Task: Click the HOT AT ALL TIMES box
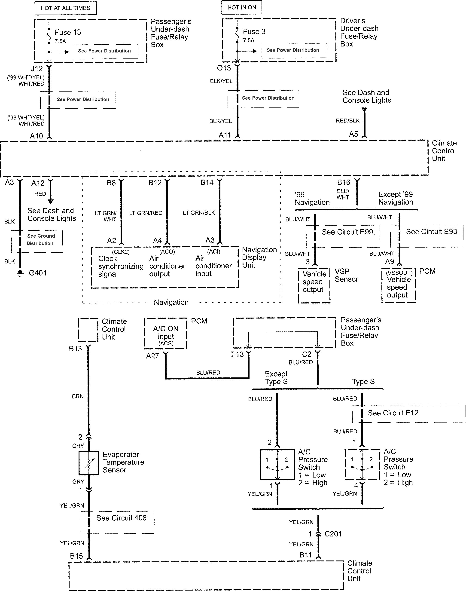tap(65, 8)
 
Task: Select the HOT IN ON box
tap(242, 7)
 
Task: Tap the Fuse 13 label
tap(68, 33)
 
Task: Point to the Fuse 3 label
tap(254, 32)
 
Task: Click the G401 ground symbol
tap(20, 273)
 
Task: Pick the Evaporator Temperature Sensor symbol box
tap(89, 463)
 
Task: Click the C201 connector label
tap(333, 534)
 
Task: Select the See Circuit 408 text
tap(122, 518)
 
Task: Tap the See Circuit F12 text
tap(393, 413)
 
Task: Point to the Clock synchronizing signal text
tap(121, 266)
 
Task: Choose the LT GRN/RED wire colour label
tap(146, 213)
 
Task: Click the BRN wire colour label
tap(78, 396)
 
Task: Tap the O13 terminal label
tap(224, 68)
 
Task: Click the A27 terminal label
tap(152, 356)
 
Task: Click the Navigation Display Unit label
tap(259, 257)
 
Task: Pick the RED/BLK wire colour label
tap(347, 120)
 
